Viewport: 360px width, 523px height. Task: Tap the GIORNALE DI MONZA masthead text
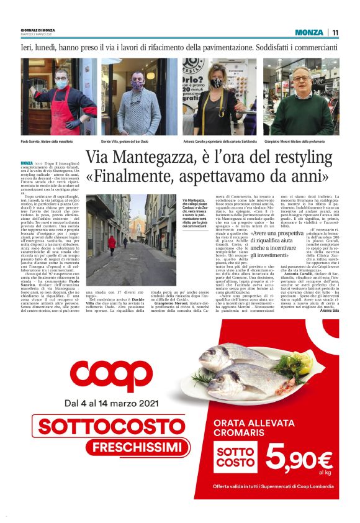pos(37,30)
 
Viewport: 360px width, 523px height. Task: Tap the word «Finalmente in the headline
pos(137,178)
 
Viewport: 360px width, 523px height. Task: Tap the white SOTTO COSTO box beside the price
pos(235,458)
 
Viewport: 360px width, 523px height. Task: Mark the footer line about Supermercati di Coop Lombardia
pos(273,486)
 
